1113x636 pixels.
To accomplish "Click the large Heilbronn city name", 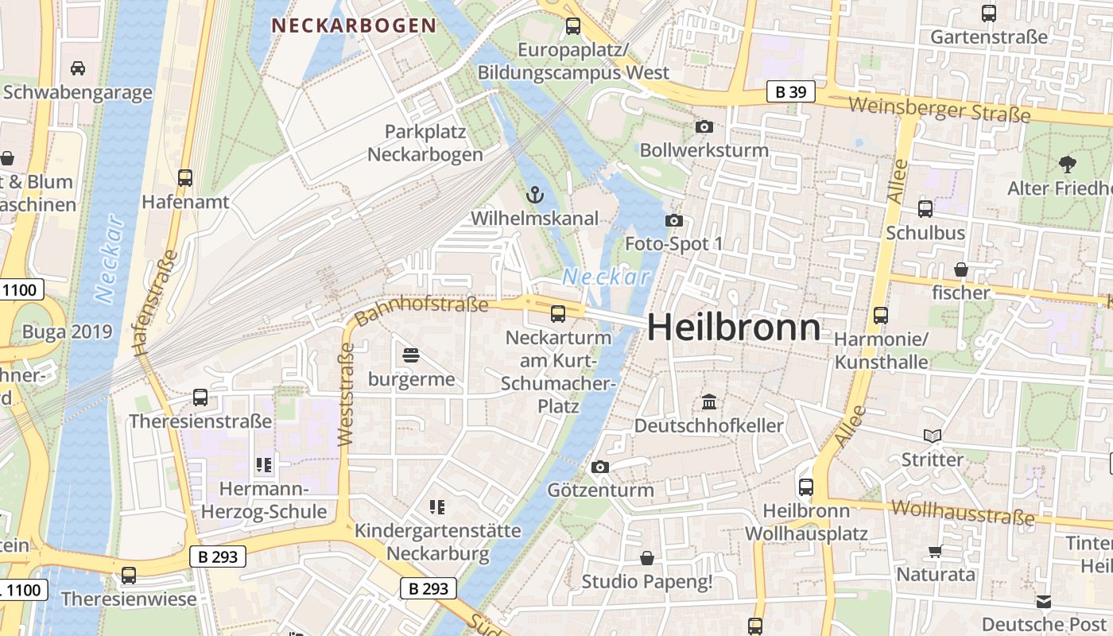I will tap(734, 328).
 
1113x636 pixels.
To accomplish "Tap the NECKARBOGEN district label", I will tap(354, 25).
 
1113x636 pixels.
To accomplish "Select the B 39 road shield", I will tap(791, 92).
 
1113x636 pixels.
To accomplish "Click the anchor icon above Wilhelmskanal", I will tap(534, 194).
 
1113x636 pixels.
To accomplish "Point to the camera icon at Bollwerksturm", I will tap(704, 126).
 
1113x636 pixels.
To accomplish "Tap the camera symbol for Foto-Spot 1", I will tap(674, 220).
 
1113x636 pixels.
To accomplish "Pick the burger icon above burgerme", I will tap(411, 355).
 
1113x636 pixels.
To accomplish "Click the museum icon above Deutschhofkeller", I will tap(709, 402).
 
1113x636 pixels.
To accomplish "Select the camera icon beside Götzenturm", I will tap(600, 467).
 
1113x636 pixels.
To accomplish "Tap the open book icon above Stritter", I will tap(933, 436).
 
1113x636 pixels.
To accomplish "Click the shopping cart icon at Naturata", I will tap(936, 551).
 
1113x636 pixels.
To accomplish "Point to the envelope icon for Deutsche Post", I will tap(1043, 601).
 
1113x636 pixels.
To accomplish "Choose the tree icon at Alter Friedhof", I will tap(1067, 165).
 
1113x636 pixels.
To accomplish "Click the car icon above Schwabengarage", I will tap(77, 68).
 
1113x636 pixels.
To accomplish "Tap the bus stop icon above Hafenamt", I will tap(185, 178).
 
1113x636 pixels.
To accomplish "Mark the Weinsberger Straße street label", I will tap(939, 109).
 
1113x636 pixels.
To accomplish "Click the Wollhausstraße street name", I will tap(963, 512).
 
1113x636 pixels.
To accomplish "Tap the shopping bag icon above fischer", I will tap(960, 270).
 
